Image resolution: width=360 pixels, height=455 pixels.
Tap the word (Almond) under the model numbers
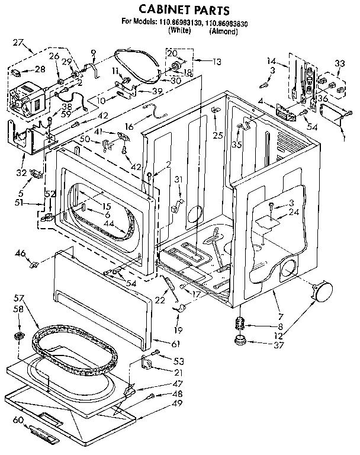[x=223, y=31]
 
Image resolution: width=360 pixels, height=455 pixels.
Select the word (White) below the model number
[x=179, y=31]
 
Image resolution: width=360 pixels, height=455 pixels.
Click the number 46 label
[x=20, y=253]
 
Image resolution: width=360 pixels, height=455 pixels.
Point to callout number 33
[x=339, y=64]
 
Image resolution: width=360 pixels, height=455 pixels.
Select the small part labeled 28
[x=18, y=73]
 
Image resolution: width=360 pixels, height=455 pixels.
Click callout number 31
[x=178, y=180]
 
